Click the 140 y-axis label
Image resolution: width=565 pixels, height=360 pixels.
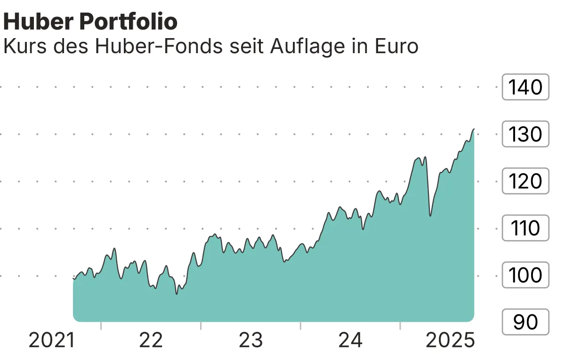pos(525,87)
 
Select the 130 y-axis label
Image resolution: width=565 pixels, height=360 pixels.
pos(525,134)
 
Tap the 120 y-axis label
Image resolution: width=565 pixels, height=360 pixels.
pos(525,181)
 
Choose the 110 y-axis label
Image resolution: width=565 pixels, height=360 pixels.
pos(525,228)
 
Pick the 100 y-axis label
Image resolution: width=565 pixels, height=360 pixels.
pos(525,275)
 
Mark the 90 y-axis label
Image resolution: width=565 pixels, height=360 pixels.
pos(525,322)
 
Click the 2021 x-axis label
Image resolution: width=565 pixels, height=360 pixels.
pos(52,340)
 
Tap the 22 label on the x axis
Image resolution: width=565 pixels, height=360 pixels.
pos(151,340)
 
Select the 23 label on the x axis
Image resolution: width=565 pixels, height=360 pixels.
pos(251,340)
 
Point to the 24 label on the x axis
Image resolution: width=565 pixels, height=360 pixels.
pos(351,340)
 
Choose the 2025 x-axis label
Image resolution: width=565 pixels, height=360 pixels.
pos(450,340)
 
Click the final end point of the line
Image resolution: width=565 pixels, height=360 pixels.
pos(474,129)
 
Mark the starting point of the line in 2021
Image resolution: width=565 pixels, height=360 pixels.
pos(73,279)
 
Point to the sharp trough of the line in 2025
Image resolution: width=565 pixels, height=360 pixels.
pos(430,216)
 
